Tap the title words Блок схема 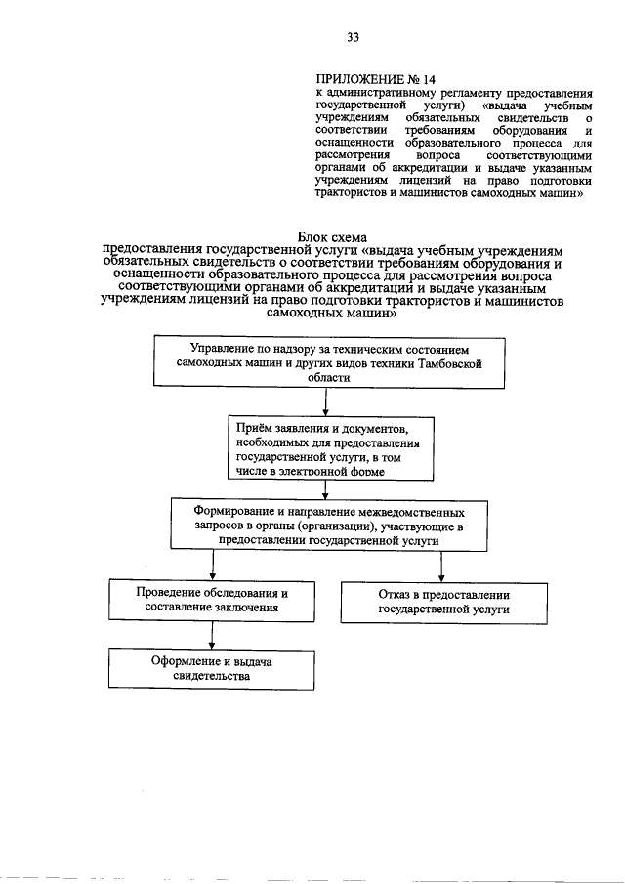coord(337,236)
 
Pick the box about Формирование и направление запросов coord(328,525)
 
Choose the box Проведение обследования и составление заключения coord(212,599)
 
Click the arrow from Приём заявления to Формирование coord(323,489)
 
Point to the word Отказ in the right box coord(394,592)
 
